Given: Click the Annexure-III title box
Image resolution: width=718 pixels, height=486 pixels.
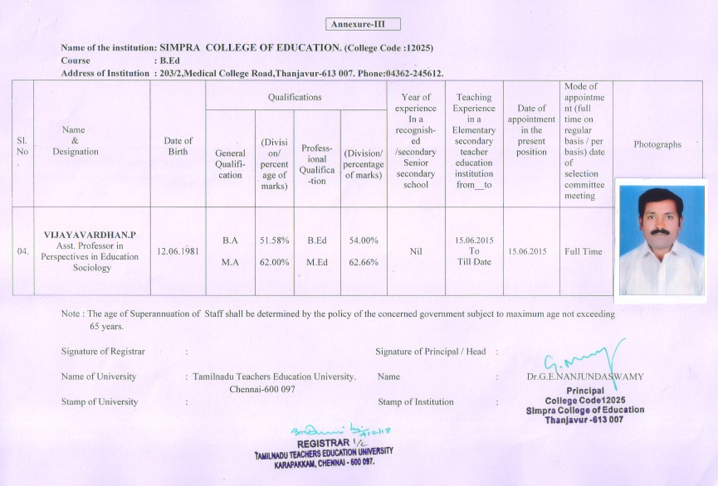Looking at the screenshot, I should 364,24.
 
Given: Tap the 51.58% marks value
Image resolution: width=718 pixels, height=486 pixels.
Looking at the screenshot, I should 274,241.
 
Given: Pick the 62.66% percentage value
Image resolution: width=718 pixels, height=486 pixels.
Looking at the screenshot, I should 362,262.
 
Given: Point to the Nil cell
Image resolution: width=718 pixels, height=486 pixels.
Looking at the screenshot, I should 416,250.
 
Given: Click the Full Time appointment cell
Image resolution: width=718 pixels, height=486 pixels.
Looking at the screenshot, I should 584,251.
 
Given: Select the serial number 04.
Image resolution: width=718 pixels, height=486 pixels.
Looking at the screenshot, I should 22,250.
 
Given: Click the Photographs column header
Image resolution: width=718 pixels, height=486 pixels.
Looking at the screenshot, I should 657,144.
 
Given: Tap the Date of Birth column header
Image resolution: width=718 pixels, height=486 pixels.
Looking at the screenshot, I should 178,146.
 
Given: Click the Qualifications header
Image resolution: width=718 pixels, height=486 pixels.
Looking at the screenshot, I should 295,97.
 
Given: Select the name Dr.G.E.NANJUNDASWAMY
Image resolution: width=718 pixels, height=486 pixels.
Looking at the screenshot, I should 584,377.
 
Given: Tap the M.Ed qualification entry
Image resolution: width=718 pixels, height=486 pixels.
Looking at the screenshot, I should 315,262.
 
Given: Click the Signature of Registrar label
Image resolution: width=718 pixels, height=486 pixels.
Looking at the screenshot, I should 103,352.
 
